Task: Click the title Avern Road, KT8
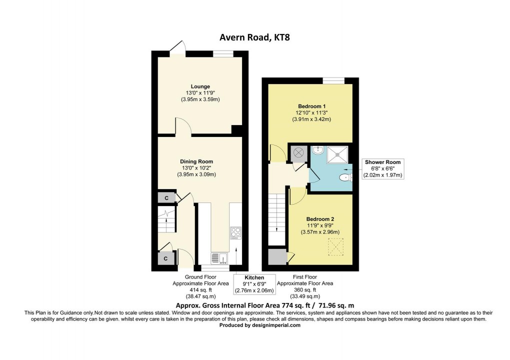click(254, 37)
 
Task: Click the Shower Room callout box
click(383, 169)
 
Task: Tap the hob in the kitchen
click(235, 233)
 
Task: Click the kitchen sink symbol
click(219, 258)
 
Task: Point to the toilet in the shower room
click(345, 177)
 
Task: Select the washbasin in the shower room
click(317, 150)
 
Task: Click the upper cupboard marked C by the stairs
click(166, 198)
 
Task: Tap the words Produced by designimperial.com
click(260, 325)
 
